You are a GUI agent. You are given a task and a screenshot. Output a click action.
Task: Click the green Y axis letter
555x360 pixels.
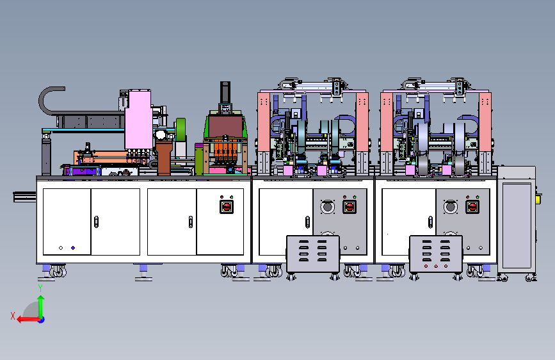40,288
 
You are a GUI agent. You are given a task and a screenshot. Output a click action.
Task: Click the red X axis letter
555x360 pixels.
13,316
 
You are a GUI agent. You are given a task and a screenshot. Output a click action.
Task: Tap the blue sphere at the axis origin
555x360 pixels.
42,320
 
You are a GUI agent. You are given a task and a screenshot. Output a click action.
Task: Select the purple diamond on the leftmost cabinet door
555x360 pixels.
73,248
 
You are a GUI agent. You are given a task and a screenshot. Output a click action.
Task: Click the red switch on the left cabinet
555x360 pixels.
226,206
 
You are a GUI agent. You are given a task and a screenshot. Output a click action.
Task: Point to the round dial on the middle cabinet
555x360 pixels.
327,206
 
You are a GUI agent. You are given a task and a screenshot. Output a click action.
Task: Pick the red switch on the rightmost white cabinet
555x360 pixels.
472,206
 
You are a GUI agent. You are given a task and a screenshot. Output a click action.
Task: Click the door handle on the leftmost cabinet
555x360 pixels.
96,222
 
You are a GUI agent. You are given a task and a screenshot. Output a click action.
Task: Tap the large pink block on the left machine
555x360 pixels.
138,119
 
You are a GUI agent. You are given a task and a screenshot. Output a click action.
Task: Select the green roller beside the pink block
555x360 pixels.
181,129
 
